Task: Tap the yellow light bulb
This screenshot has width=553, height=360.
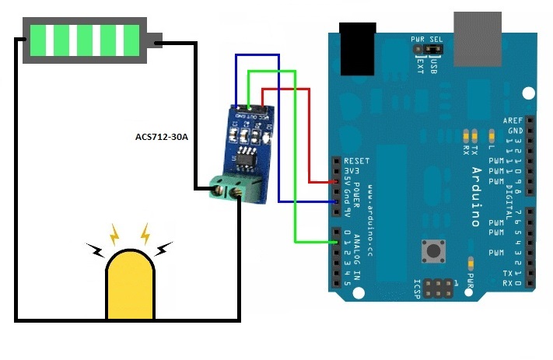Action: point(130,285)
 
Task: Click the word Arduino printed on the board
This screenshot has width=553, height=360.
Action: point(476,194)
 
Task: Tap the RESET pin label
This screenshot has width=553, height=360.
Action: point(356,161)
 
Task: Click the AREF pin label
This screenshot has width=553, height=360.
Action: point(513,121)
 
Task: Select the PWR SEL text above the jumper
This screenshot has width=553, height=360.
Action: point(426,38)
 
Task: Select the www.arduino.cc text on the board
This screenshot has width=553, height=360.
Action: point(373,205)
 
